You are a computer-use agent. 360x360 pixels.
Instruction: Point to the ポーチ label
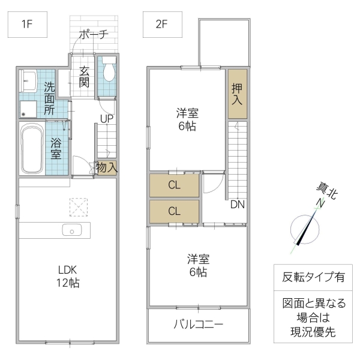[x=94, y=34]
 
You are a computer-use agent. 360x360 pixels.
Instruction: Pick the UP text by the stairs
[x=107, y=118]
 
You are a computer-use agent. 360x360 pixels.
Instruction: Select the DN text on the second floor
[x=237, y=204]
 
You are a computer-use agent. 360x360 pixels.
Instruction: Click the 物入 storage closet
[x=106, y=168]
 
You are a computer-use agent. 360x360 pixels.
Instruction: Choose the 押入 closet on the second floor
[x=237, y=94]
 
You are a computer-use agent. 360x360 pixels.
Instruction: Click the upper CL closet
[x=174, y=185]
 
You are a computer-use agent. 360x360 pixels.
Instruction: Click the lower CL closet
[x=174, y=211]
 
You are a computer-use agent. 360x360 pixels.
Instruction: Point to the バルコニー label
[x=198, y=325]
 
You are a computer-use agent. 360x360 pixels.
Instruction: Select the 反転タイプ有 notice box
[x=313, y=277]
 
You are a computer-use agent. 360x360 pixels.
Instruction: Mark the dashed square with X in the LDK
[x=77, y=207]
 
